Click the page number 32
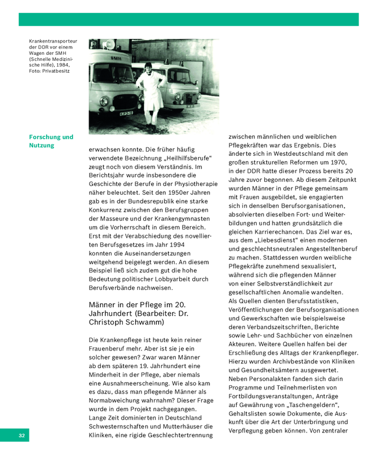click(x=21, y=435)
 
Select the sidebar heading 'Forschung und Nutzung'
click(x=51, y=141)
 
